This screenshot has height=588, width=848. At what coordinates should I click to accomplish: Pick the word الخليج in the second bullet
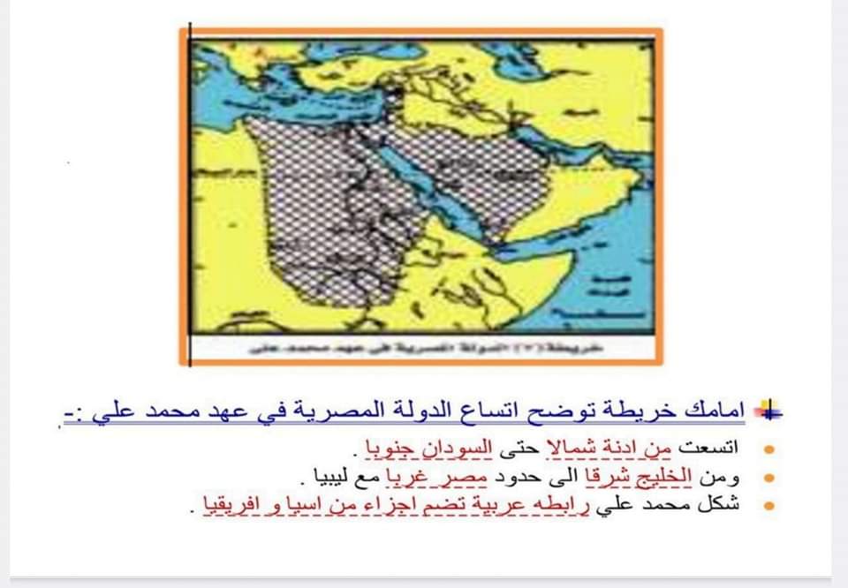click(666, 478)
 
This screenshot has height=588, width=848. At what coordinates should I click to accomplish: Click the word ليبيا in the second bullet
click(323, 478)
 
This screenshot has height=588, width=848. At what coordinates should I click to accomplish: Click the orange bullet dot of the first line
click(769, 450)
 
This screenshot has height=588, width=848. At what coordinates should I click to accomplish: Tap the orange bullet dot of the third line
click(769, 506)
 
